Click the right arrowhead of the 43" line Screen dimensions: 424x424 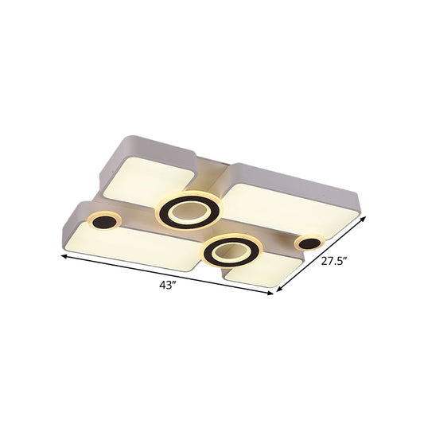272,294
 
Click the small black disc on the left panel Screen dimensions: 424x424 103,225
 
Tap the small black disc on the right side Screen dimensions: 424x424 309,242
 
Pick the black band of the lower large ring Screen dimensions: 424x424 212,252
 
